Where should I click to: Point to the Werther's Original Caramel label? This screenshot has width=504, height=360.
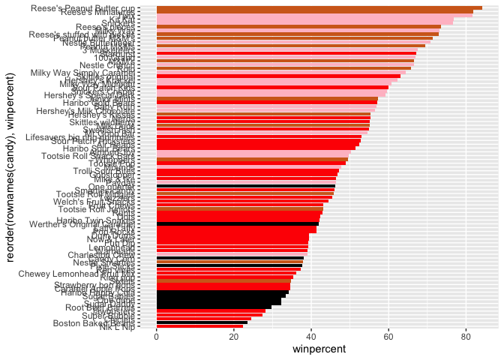click(x=82, y=223)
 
